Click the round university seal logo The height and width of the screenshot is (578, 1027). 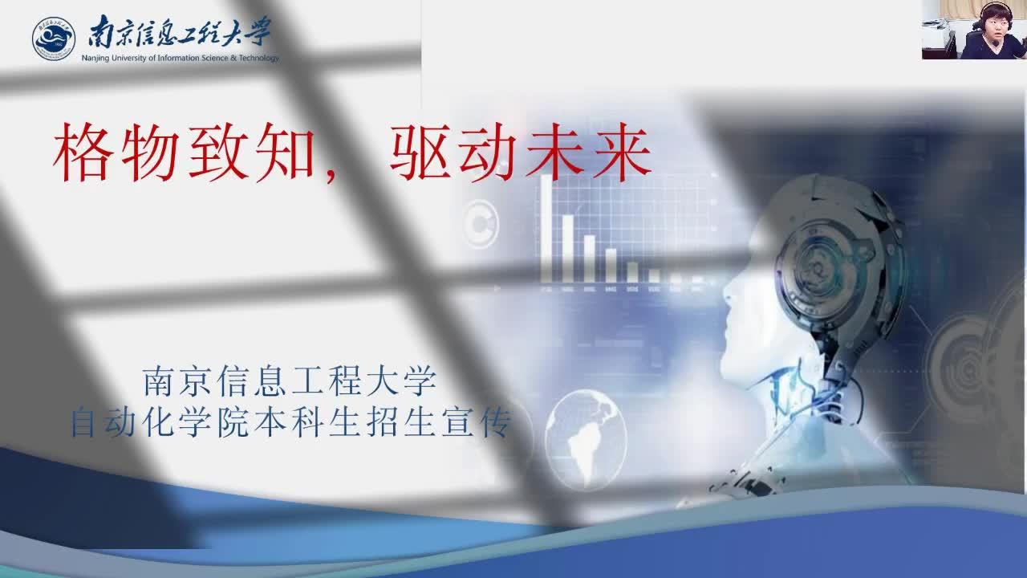point(54,39)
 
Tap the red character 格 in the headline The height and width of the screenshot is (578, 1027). point(83,153)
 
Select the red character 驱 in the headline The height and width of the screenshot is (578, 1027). point(420,153)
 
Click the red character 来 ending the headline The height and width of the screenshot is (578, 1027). point(622,153)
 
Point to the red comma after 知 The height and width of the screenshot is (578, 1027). point(329,175)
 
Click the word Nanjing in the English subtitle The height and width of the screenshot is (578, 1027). point(95,59)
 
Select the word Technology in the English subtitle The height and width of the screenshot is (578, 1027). point(258,59)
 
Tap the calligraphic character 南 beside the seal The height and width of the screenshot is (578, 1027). point(101,31)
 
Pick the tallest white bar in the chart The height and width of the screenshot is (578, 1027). point(546,228)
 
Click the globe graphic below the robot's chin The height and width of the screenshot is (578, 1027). point(586,439)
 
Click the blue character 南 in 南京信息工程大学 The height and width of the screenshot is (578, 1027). point(158,381)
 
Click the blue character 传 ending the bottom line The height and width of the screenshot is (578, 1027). point(496,422)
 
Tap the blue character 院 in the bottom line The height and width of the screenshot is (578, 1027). point(233,422)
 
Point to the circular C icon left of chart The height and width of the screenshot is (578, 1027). point(480,224)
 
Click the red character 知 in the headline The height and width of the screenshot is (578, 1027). point(285,153)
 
